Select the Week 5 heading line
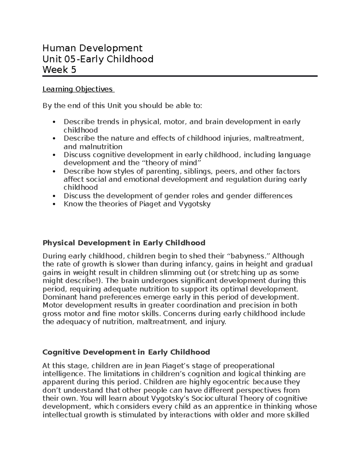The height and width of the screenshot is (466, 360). (x=59, y=70)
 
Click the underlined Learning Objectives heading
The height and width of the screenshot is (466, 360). (x=78, y=89)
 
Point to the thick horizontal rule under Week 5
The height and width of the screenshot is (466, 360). (x=180, y=77)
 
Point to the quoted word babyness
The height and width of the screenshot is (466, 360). (x=248, y=256)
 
